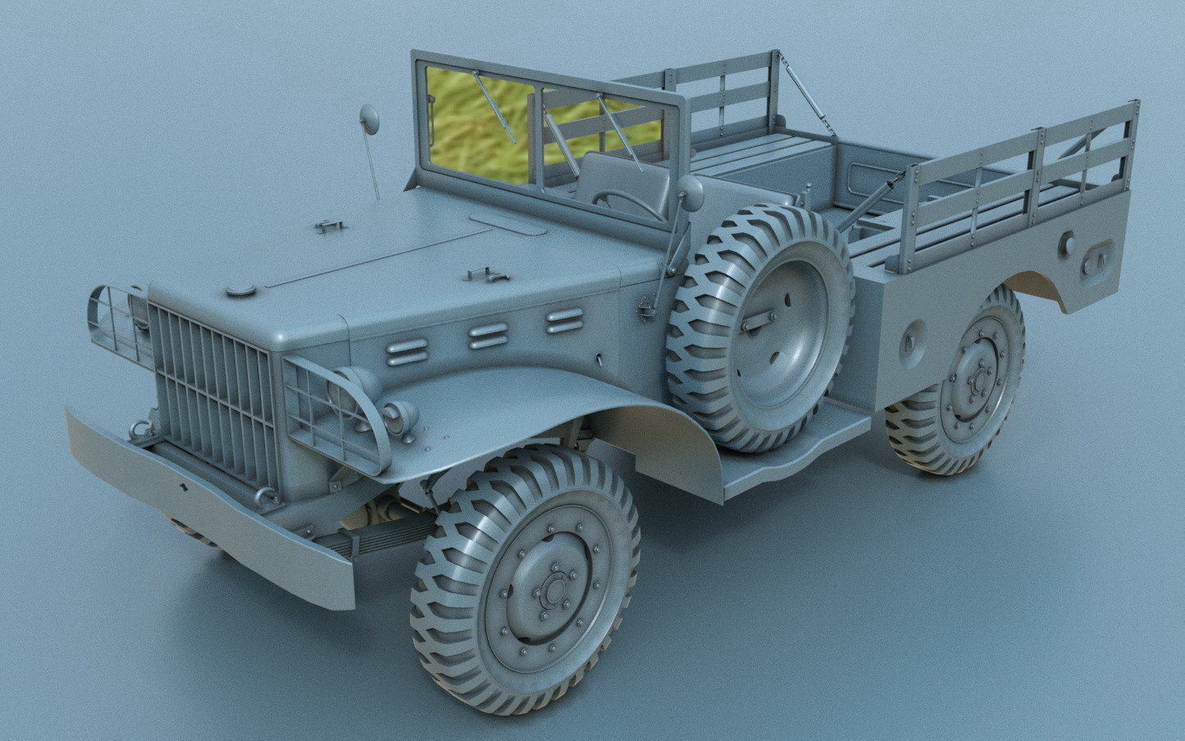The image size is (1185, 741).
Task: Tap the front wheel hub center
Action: tap(554, 589)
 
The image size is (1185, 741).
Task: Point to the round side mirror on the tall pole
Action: tap(370, 120)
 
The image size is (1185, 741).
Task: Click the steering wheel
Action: tap(628, 204)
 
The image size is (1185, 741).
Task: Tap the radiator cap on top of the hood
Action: tap(240, 290)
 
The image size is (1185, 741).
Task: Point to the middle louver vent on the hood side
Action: tap(489, 335)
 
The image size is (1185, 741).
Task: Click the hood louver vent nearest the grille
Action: tap(408, 353)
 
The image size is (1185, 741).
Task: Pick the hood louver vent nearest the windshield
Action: tap(564, 321)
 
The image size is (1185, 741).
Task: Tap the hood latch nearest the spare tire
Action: tap(485, 277)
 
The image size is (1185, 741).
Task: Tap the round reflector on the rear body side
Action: tap(1067, 243)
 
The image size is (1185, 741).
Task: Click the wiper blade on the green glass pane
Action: tap(493, 105)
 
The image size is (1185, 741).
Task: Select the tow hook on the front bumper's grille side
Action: tap(141, 428)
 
